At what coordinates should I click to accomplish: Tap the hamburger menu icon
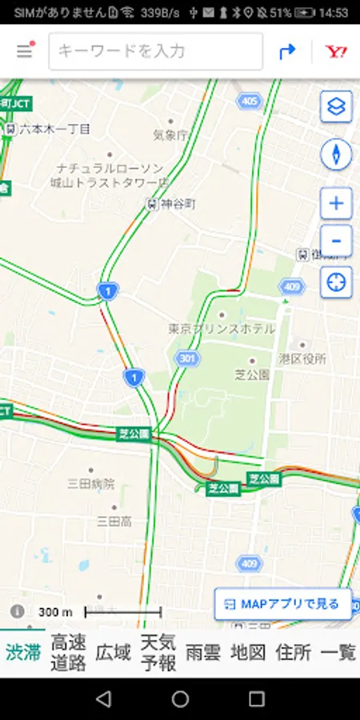click(25, 51)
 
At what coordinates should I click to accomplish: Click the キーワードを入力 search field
click(156, 51)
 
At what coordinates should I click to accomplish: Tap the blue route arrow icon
click(287, 51)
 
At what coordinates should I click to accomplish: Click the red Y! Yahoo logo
click(336, 51)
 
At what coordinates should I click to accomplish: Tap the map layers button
click(336, 106)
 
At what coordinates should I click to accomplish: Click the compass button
click(336, 154)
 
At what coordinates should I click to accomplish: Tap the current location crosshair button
click(336, 282)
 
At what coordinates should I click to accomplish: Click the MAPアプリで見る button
click(283, 604)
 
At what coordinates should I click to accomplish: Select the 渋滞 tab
click(23, 652)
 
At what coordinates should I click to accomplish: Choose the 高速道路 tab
click(69, 652)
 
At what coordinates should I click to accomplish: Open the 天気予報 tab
click(158, 652)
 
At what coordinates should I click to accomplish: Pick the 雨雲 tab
click(202, 652)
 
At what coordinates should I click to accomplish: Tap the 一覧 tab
click(338, 652)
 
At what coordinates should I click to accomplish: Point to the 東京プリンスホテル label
click(222, 329)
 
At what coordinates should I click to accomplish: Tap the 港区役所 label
click(302, 359)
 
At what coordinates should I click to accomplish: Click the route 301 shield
click(187, 358)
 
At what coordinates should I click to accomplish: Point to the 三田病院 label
click(90, 483)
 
